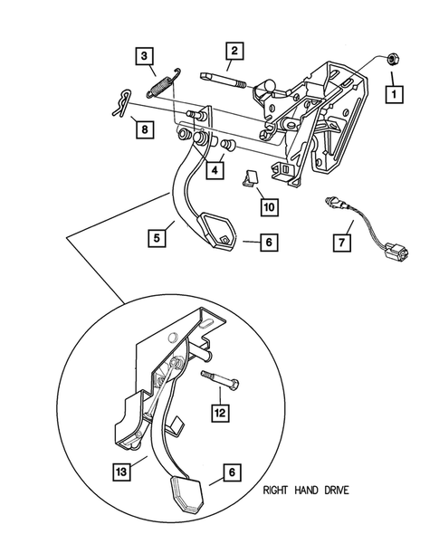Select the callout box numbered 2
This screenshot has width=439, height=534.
[234, 52]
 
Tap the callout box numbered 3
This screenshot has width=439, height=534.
[143, 58]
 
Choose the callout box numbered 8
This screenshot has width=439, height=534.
[142, 129]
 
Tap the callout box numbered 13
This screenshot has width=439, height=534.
[119, 470]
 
